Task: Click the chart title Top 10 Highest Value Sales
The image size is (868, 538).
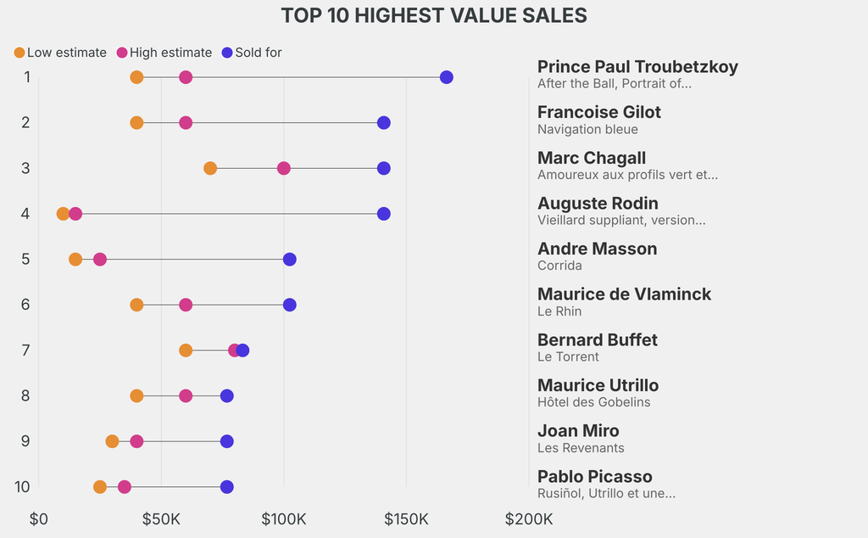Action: (434, 15)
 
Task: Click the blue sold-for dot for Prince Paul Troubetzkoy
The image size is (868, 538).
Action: (447, 77)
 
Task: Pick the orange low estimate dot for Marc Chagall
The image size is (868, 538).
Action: (210, 168)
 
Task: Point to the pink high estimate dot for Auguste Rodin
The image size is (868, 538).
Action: (75, 214)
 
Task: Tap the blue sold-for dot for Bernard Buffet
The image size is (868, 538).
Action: (243, 350)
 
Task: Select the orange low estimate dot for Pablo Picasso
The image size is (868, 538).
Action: (100, 487)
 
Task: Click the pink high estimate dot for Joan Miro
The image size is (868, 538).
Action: (136, 441)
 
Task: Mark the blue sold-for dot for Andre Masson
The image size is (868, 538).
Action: (290, 259)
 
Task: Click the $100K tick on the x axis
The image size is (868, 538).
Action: (283, 518)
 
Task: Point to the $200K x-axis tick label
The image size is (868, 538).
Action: (528, 518)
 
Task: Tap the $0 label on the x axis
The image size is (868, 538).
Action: (39, 518)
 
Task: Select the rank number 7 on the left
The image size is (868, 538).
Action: (25, 350)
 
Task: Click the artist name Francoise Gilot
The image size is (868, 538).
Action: (599, 112)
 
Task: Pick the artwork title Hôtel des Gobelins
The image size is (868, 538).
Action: (593, 402)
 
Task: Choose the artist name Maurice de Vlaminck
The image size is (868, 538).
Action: (624, 294)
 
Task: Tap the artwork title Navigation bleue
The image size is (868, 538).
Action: (587, 130)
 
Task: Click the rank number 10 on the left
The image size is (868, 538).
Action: (22, 487)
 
